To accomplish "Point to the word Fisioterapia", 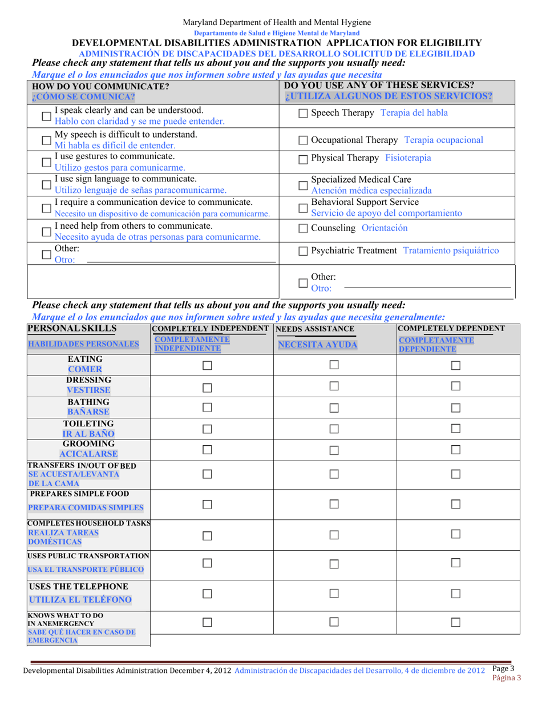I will [408, 158].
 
